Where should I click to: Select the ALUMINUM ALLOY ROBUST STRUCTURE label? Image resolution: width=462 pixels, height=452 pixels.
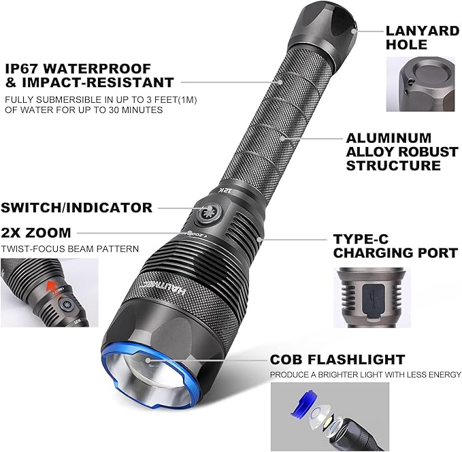point(393,151)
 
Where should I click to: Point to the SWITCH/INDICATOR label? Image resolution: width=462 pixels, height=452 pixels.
point(76,207)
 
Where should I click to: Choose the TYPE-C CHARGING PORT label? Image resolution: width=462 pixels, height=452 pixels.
point(395,246)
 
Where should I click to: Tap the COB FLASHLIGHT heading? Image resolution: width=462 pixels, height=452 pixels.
point(337,359)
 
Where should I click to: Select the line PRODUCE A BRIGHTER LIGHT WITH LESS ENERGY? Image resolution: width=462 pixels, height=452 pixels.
point(365,375)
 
